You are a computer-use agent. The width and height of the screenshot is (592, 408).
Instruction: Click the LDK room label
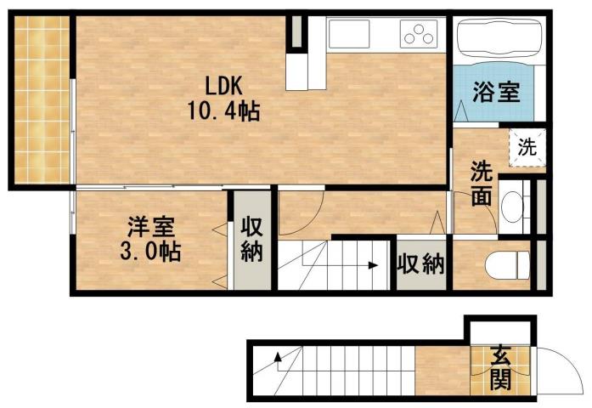point(224,85)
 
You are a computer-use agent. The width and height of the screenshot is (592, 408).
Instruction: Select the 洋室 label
point(150,227)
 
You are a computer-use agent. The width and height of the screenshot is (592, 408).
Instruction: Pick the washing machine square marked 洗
point(527,147)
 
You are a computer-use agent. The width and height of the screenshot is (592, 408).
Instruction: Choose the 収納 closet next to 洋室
point(252,240)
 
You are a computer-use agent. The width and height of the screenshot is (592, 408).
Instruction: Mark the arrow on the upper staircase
point(371,265)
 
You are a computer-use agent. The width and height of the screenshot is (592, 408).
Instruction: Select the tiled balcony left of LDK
point(42,99)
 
